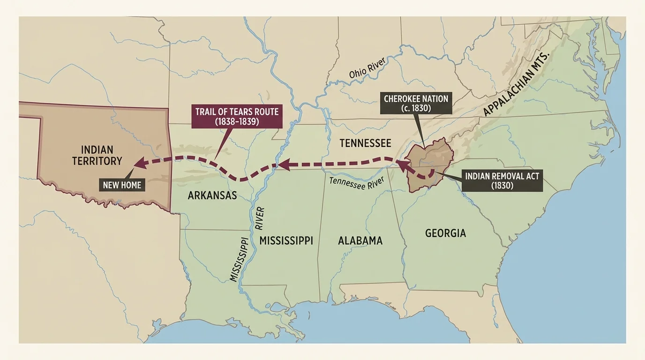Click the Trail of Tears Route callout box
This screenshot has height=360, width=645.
[x=237, y=116]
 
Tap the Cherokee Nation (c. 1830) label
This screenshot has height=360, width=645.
[x=416, y=103]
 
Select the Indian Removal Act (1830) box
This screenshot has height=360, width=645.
[x=502, y=180]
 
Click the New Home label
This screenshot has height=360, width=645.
[x=122, y=185]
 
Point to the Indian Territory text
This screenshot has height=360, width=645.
[x=97, y=155]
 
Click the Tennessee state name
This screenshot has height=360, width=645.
[x=365, y=143]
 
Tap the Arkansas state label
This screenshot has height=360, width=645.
[x=212, y=195]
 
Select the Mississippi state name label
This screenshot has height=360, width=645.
[x=286, y=240]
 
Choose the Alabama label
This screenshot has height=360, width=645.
[x=360, y=240]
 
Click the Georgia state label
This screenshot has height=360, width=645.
[x=445, y=233]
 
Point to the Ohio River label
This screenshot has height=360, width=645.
[x=367, y=68]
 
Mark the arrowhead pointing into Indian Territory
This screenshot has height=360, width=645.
[x=139, y=163]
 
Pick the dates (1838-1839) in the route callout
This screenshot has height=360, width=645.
[x=237, y=121]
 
